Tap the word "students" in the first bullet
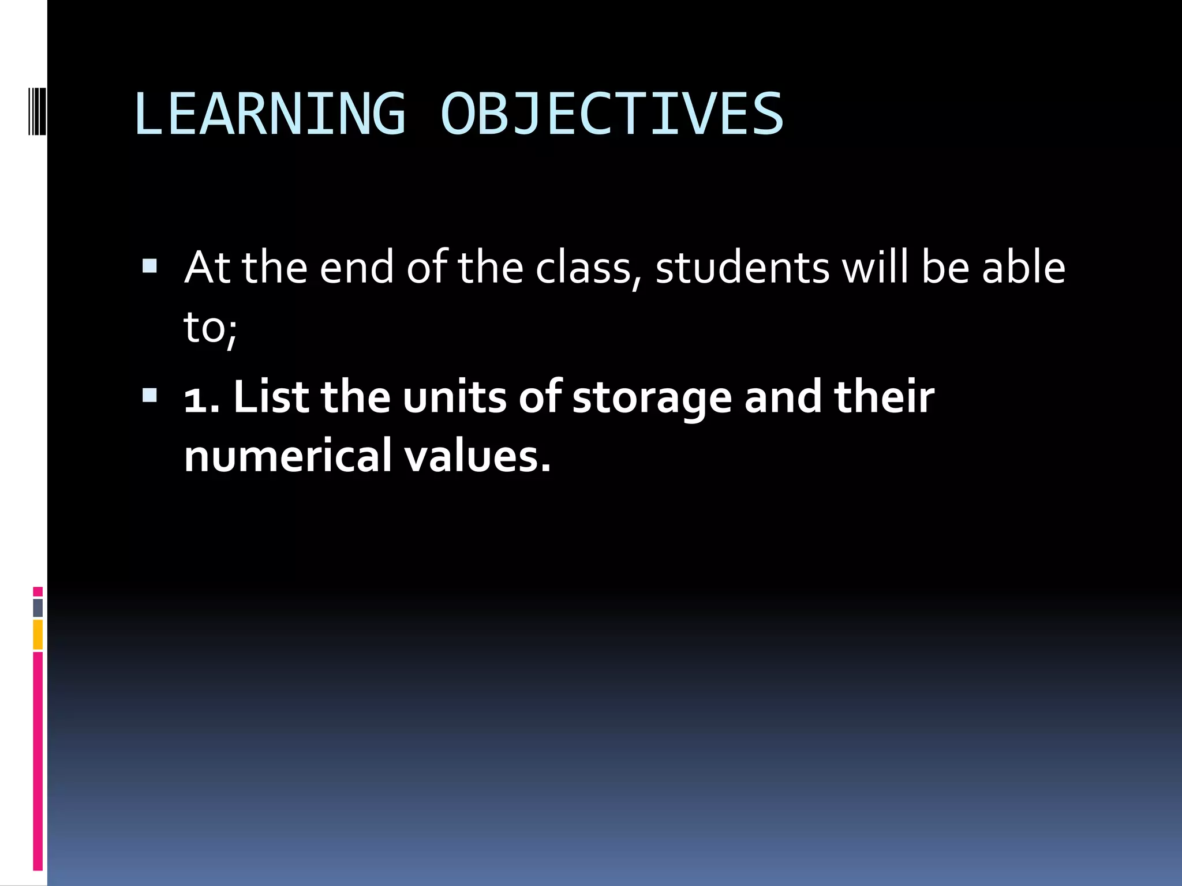point(742,268)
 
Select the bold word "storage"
point(652,398)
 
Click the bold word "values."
point(477,456)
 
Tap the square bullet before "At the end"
point(149,266)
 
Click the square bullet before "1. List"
point(149,395)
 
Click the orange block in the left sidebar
point(38,635)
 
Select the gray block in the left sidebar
point(38,608)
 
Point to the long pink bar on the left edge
point(38,761)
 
